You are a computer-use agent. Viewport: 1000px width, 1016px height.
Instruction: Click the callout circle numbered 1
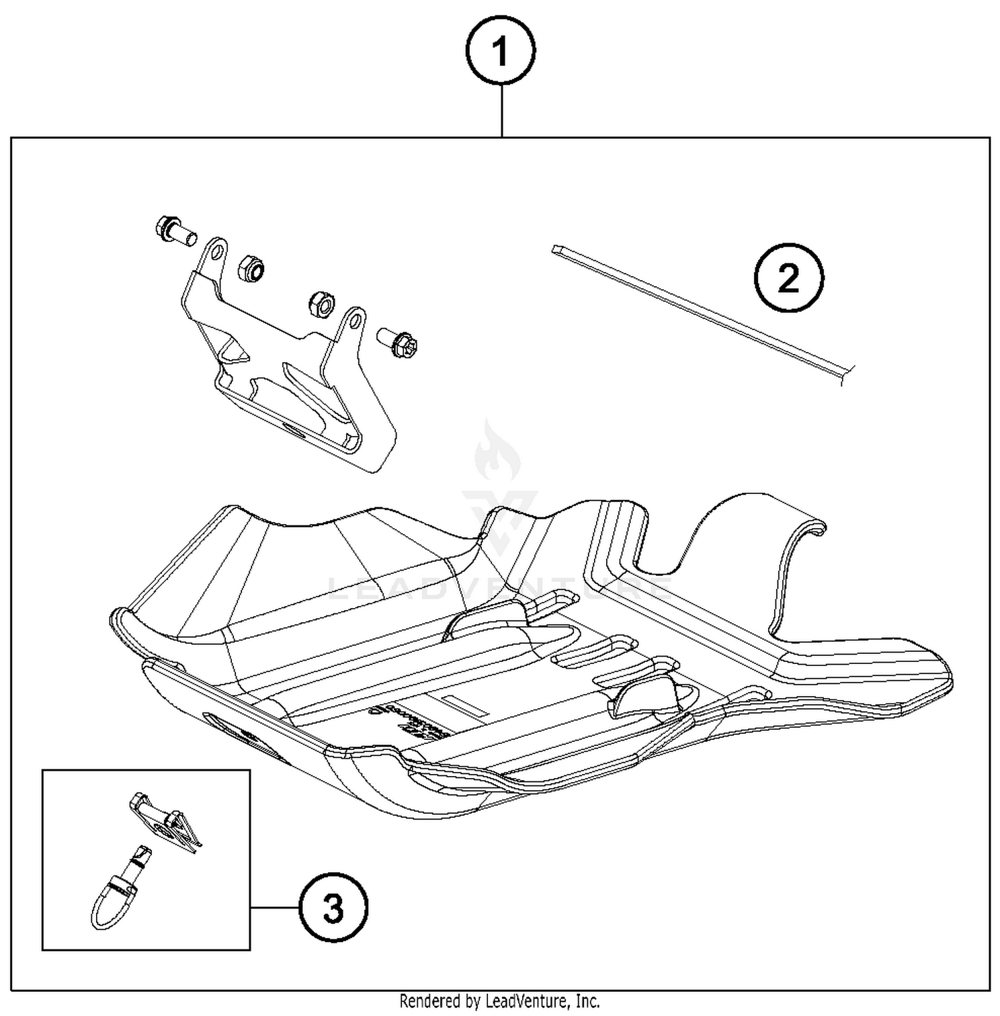[x=501, y=51]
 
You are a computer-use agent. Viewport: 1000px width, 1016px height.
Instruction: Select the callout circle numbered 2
[x=788, y=277]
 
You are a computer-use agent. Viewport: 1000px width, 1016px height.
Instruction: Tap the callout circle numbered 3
[x=333, y=907]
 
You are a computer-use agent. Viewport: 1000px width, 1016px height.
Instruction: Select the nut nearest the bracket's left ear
[x=251, y=268]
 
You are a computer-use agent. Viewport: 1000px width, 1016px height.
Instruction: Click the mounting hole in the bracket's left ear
[x=215, y=251]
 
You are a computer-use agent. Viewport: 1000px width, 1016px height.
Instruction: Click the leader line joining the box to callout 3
[x=275, y=907]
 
